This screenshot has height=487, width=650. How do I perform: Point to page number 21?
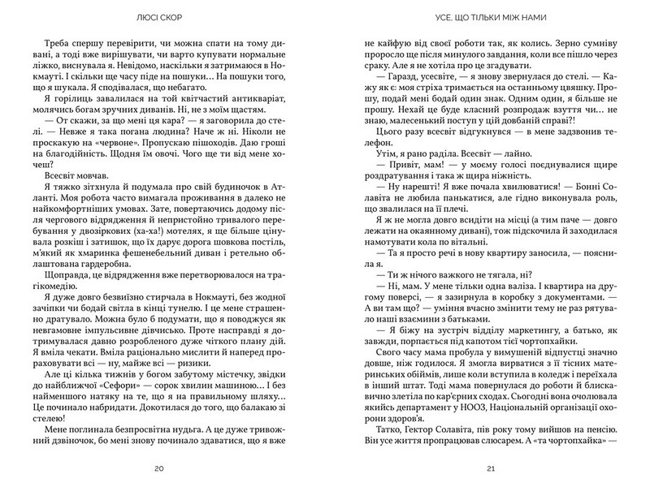(x=480, y=468)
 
